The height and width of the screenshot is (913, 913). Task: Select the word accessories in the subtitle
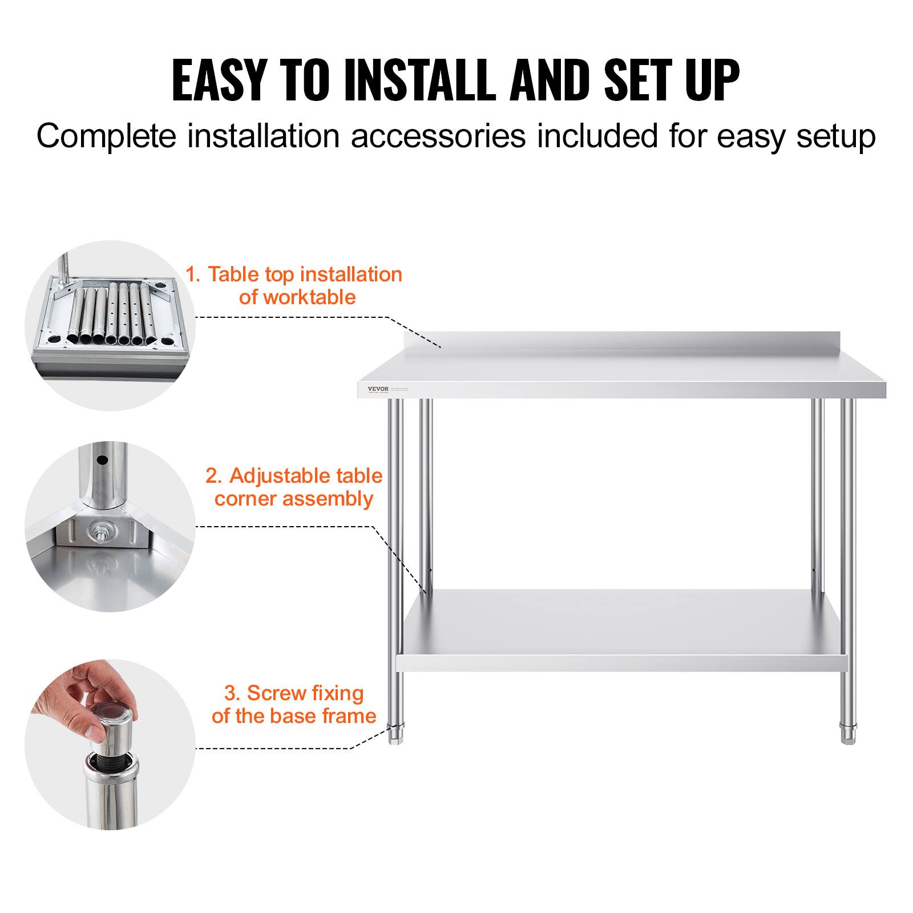tap(438, 137)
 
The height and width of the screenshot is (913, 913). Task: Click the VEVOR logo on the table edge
tap(378, 389)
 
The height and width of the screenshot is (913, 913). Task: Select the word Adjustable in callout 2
tap(273, 475)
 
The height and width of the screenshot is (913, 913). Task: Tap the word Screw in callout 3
tap(272, 693)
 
